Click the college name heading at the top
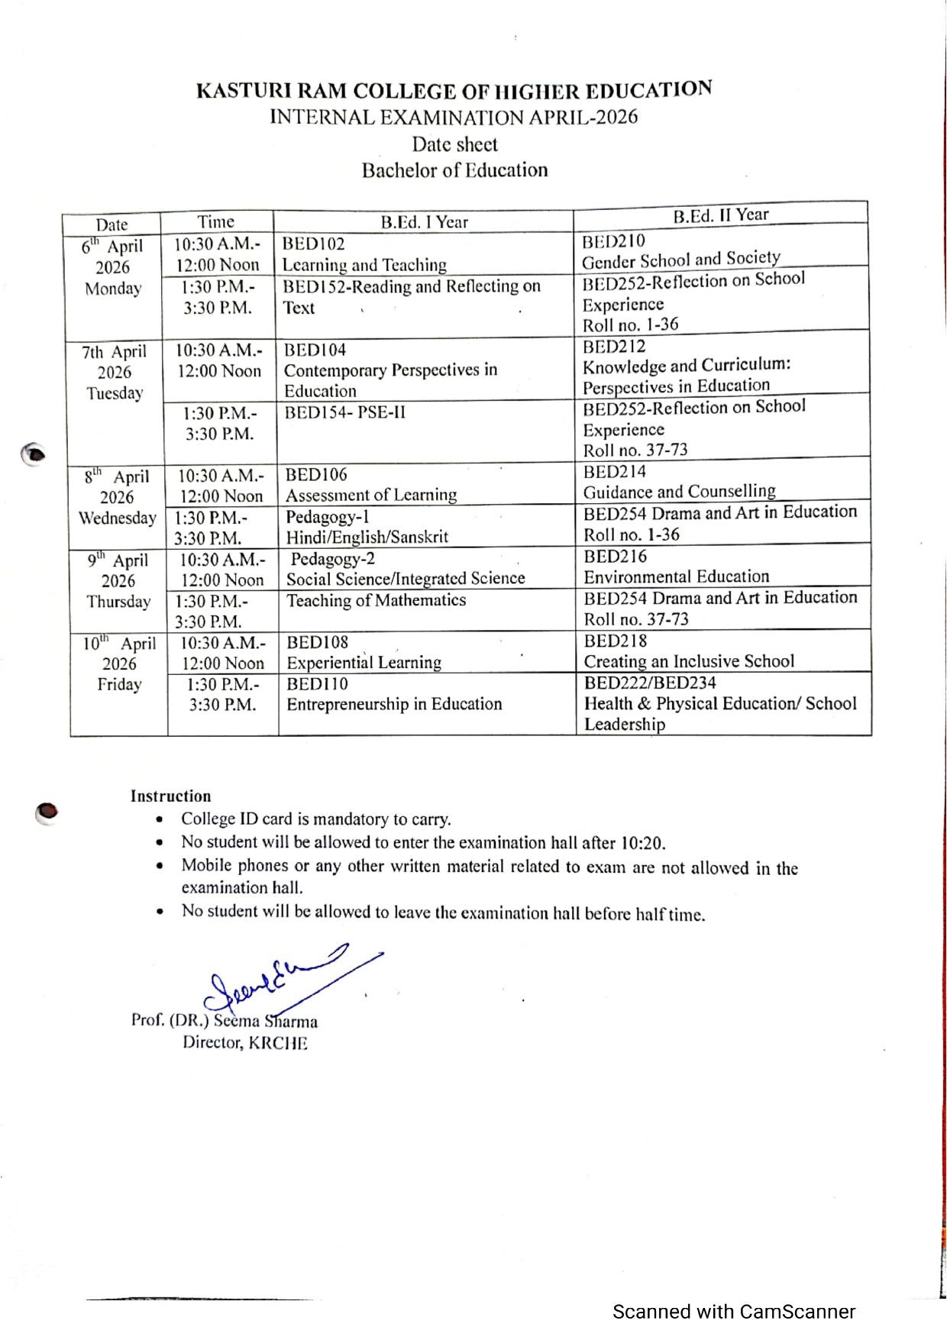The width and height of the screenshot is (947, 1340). pyautogui.click(x=454, y=91)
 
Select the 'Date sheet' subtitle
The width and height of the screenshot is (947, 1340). pyautogui.click(x=454, y=144)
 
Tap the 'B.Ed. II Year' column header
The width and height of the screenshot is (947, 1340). pyautogui.click(x=720, y=215)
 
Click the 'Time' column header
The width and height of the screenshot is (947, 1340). pyautogui.click(x=216, y=222)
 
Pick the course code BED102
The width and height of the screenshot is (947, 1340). pyautogui.click(x=313, y=244)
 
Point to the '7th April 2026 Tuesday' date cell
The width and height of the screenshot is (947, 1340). pyautogui.click(x=115, y=373)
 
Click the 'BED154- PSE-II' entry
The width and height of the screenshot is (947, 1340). pyautogui.click(x=344, y=413)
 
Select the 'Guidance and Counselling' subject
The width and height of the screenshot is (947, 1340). pyautogui.click(x=679, y=492)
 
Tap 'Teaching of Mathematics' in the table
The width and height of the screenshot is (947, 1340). pyautogui.click(x=376, y=601)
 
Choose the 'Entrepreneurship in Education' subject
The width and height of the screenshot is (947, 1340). pyautogui.click(x=394, y=704)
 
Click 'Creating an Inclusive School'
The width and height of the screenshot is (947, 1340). pyautogui.click(x=689, y=661)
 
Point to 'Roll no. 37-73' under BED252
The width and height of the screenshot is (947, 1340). pyautogui.click(x=635, y=450)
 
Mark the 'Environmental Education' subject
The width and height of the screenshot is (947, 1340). pyautogui.click(x=676, y=577)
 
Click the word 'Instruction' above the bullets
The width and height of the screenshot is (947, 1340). pyautogui.click(x=170, y=796)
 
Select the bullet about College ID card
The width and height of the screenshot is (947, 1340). pyautogui.click(x=315, y=819)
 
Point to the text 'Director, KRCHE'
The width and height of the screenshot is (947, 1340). pyautogui.click(x=244, y=1043)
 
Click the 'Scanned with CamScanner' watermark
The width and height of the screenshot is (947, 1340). pyautogui.click(x=733, y=1312)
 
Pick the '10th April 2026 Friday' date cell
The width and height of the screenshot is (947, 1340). pyautogui.click(x=119, y=664)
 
